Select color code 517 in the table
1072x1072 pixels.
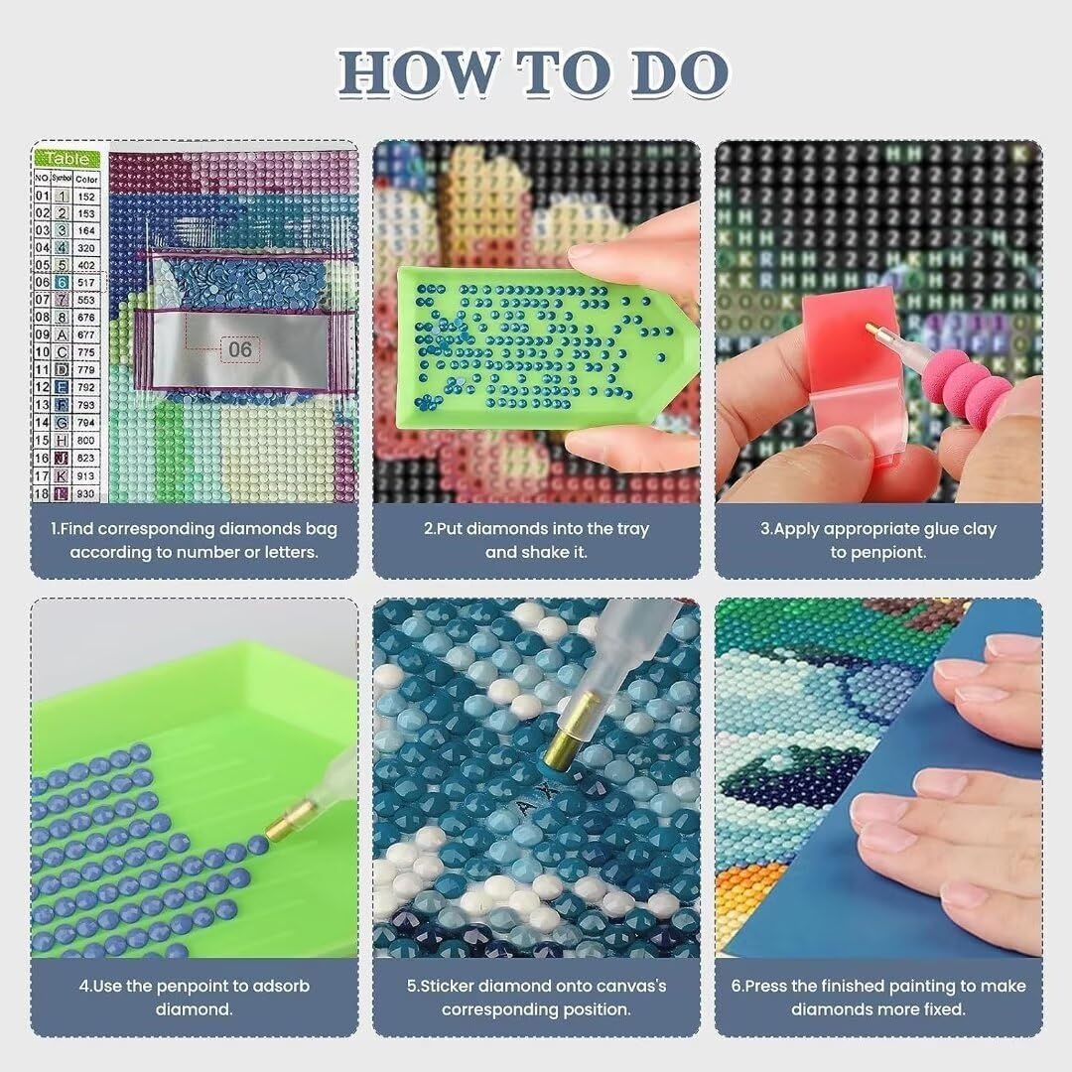(x=87, y=283)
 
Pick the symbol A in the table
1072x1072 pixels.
(x=62, y=335)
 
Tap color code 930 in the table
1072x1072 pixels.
(x=87, y=493)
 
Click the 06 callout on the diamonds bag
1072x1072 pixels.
(x=240, y=349)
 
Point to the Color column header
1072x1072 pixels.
(x=87, y=180)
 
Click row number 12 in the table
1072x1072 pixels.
(x=42, y=387)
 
